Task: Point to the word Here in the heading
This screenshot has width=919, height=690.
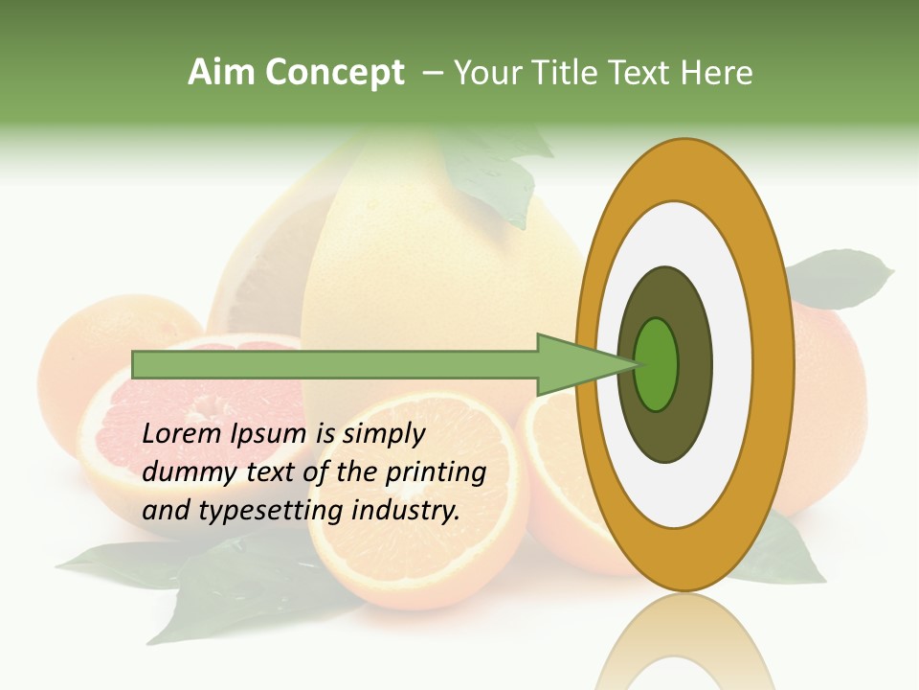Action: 717,73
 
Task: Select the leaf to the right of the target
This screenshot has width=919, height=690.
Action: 842,278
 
